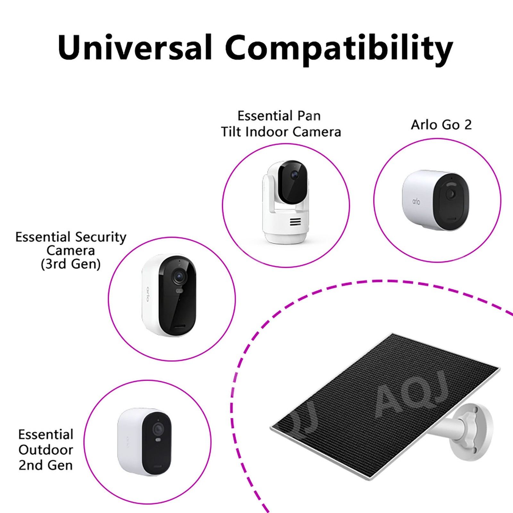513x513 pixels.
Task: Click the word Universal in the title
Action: click(135, 47)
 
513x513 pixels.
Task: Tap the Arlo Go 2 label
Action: click(442, 125)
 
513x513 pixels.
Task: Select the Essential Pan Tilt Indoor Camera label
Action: click(281, 124)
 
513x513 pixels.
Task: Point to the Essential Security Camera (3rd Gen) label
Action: click(71, 250)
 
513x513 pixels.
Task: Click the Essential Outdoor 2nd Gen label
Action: click(46, 450)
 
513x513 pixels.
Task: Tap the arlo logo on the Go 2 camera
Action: click(416, 201)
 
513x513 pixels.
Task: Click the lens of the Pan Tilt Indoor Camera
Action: click(295, 175)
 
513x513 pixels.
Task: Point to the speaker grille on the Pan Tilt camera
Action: click(295, 222)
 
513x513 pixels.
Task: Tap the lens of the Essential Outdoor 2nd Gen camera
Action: click(157, 429)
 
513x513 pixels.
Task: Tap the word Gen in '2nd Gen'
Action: click(59, 465)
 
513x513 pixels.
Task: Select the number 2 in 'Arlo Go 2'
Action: click(468, 125)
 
